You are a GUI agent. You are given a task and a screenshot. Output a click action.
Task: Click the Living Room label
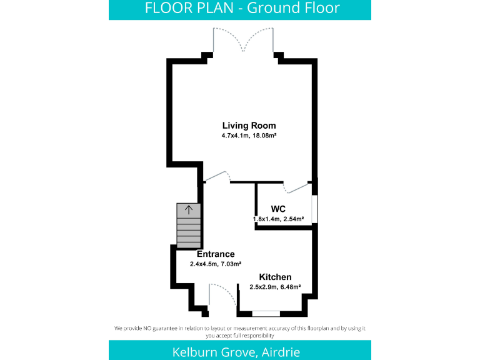249,126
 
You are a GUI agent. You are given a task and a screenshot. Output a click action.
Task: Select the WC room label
279,209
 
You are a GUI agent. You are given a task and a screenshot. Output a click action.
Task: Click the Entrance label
216,254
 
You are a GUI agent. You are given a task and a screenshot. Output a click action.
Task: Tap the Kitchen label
276,277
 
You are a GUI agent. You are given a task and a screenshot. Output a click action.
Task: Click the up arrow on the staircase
189,210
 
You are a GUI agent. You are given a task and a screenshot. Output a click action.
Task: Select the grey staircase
189,226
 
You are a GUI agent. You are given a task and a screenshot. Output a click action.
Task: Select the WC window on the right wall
315,208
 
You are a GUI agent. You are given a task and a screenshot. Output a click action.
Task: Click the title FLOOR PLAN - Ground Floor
242,8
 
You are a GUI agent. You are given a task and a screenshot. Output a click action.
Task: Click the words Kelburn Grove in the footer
213,352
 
